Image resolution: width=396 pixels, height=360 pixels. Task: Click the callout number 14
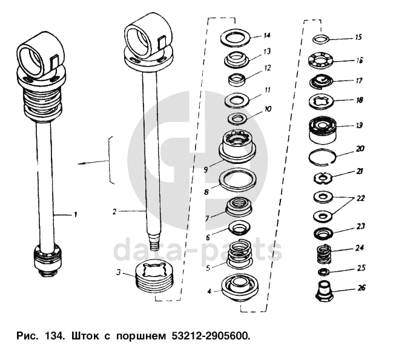coord(267,36)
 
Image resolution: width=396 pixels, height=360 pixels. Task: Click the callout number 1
coord(76,214)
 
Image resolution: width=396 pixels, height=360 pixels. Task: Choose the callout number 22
coord(360,198)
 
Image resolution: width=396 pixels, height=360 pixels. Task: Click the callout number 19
coord(359,126)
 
